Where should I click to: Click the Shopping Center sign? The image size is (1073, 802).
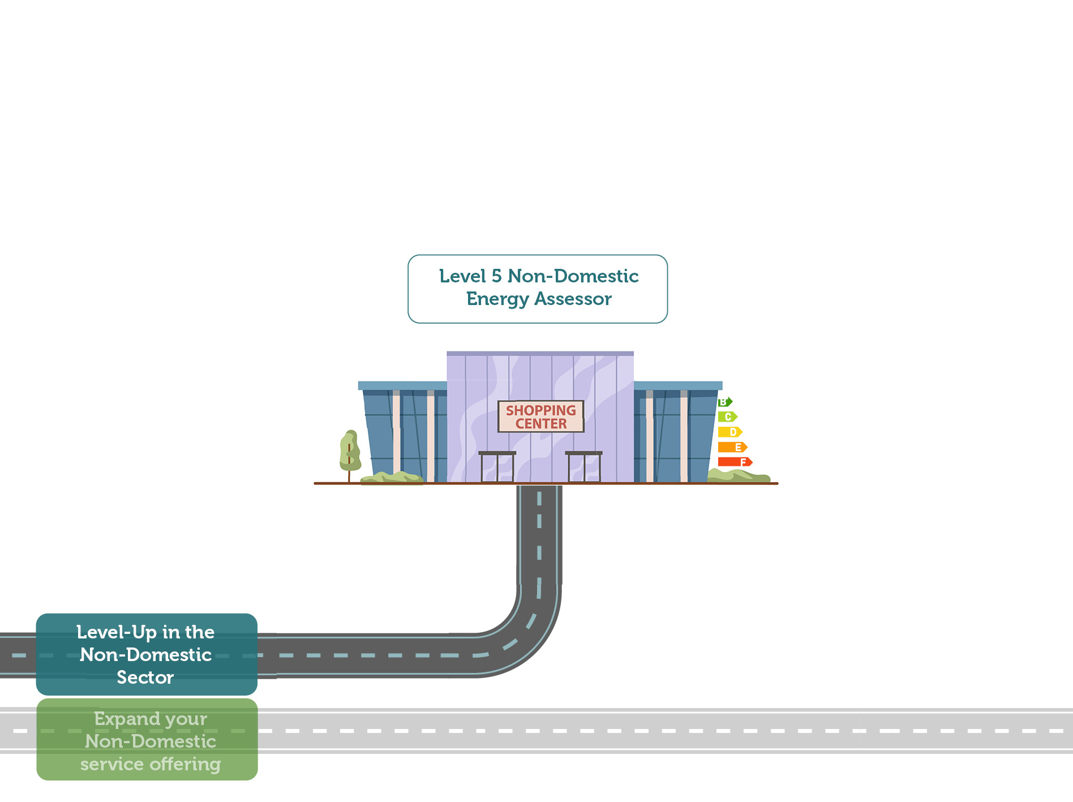540,417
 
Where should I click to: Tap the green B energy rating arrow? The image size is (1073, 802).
724,402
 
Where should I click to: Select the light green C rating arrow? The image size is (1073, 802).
727,417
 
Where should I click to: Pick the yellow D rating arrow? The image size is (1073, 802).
729,432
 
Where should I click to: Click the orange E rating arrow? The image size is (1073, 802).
732,447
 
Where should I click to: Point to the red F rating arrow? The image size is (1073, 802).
735,462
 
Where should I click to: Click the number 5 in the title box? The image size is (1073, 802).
496,276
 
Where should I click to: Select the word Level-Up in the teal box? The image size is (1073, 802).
116,632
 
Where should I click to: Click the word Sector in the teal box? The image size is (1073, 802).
145,677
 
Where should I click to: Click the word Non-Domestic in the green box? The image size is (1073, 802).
151,741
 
